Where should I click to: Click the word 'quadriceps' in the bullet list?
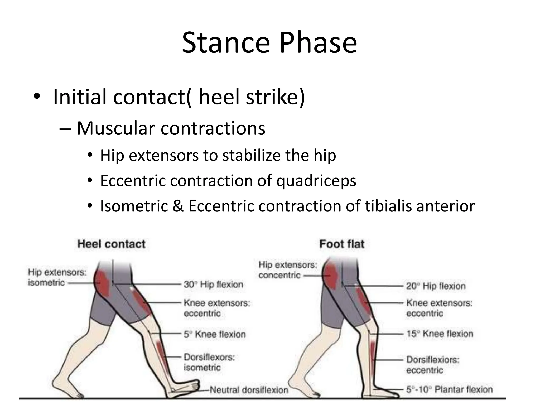pos(316,181)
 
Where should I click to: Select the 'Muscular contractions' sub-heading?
pos(171,128)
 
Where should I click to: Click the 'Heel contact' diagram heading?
pos(111,244)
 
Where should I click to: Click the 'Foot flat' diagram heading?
pos(342,244)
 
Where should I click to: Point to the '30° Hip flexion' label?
pos(213,285)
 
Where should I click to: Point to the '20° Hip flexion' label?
pos(436,286)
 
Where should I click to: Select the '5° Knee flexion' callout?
pos(215,334)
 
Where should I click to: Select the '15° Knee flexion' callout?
pos(440,334)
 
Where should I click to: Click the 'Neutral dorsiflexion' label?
pos(249,390)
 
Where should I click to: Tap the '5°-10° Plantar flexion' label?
pos(449,389)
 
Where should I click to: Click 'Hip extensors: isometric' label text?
pos(57,277)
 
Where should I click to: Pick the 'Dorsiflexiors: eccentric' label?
pos(432,365)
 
